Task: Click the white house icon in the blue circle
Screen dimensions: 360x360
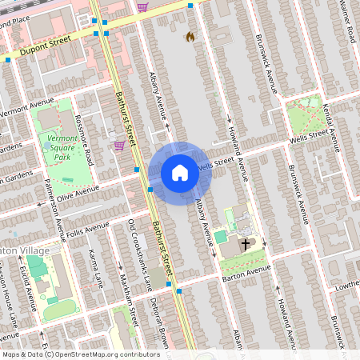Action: point(180,172)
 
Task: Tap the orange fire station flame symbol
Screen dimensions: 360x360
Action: point(190,37)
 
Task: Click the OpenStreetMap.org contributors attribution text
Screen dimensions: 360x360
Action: point(109,354)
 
